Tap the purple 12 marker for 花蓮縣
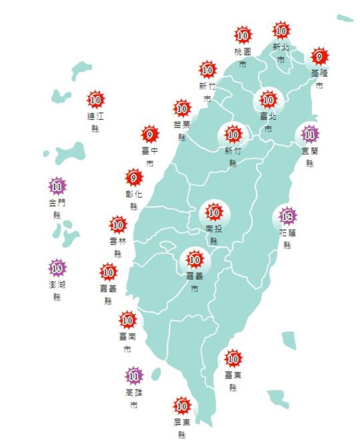(287, 216)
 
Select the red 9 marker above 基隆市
(319, 57)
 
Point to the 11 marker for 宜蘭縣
(309, 134)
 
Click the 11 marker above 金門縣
(57, 185)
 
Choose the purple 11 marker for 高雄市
(134, 375)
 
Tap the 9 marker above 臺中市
(150, 135)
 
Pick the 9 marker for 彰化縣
(134, 179)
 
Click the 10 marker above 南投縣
(214, 212)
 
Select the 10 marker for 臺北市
(268, 101)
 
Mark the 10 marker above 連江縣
(96, 100)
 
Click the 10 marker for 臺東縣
(233, 358)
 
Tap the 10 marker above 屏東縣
(181, 405)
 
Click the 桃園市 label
(242, 57)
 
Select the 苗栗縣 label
(182, 130)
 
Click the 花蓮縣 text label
(287, 238)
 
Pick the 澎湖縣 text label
(57, 290)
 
